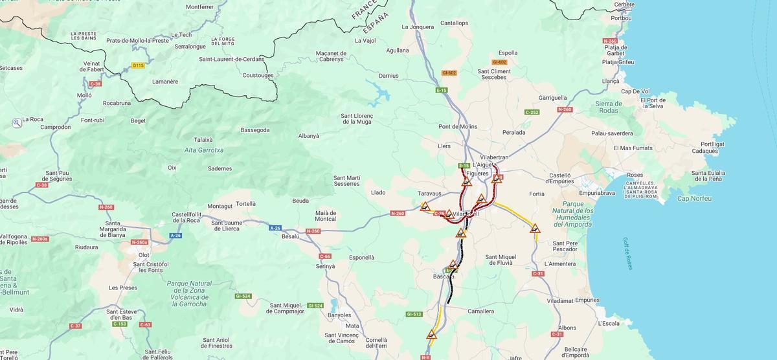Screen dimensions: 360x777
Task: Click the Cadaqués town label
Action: [704, 151]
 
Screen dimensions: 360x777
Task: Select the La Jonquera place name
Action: [418, 27]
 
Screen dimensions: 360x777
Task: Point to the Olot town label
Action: [144, 255]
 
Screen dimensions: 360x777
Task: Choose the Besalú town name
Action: [290, 237]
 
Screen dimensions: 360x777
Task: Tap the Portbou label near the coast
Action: [620, 18]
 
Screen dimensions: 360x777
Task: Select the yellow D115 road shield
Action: [138, 65]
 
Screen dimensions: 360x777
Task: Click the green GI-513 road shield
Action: [414, 314]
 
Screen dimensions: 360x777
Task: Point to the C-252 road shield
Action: [532, 112]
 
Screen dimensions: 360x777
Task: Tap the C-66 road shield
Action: [324, 256]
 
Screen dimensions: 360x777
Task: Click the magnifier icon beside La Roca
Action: [16, 122]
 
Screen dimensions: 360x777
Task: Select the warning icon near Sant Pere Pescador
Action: [535, 229]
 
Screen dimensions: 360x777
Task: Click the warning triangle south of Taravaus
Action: [425, 207]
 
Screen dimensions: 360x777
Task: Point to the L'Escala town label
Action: [609, 323]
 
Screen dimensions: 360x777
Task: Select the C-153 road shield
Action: [119, 323]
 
